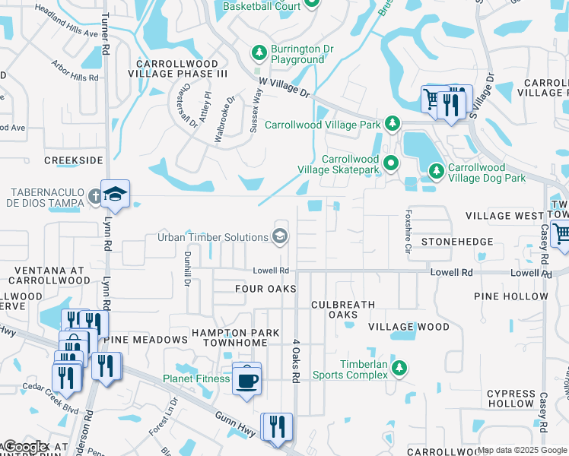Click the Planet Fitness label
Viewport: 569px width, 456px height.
click(x=196, y=378)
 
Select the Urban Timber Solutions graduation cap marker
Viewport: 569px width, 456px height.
click(x=280, y=236)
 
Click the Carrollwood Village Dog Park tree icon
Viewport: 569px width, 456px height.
click(x=436, y=172)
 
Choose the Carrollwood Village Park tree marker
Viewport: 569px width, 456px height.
click(x=392, y=123)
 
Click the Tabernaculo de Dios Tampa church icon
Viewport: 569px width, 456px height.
click(x=94, y=196)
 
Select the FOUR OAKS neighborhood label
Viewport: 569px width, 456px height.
click(x=265, y=289)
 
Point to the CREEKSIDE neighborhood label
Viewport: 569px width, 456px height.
click(x=73, y=160)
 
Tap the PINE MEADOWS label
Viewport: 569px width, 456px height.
click(x=145, y=339)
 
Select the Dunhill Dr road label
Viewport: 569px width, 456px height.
click(x=187, y=270)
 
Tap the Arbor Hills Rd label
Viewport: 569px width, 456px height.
click(x=75, y=71)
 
